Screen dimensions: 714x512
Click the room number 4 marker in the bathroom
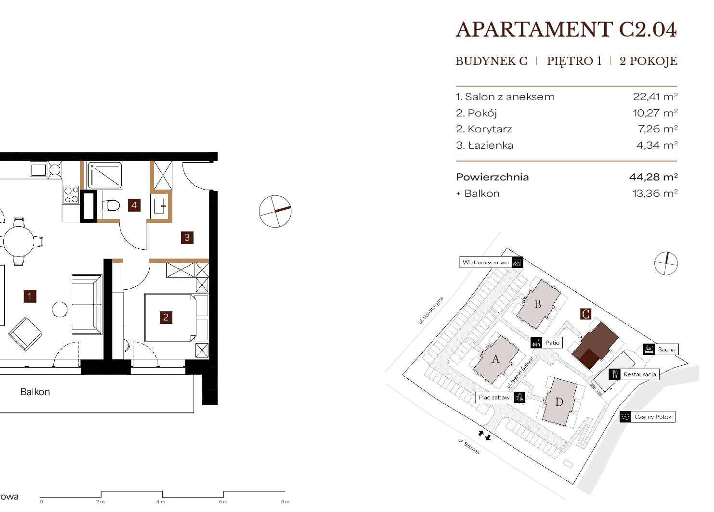[134, 205]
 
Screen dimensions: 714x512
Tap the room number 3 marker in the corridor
[187, 238]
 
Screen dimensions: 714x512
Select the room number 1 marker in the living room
[30, 296]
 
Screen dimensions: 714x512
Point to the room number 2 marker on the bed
[166, 317]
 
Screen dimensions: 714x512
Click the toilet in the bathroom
[111, 205]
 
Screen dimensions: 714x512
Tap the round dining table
[18, 242]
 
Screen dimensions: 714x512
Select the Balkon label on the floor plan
[35, 392]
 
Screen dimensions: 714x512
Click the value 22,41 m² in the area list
[655, 97]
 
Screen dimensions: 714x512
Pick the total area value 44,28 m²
[653, 177]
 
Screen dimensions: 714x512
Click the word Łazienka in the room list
[491, 146]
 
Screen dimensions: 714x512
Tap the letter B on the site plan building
[538, 304]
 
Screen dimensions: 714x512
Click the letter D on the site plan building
[559, 402]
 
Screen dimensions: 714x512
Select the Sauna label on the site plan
[666, 349]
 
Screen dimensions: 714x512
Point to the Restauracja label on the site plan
[640, 374]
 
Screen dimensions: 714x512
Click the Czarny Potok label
[653, 417]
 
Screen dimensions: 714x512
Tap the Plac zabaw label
[494, 397]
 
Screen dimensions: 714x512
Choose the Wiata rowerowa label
[485, 263]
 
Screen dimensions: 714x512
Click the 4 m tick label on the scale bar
[161, 502]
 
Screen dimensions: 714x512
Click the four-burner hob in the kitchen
[71, 195]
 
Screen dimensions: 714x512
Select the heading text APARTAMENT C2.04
[566, 30]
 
